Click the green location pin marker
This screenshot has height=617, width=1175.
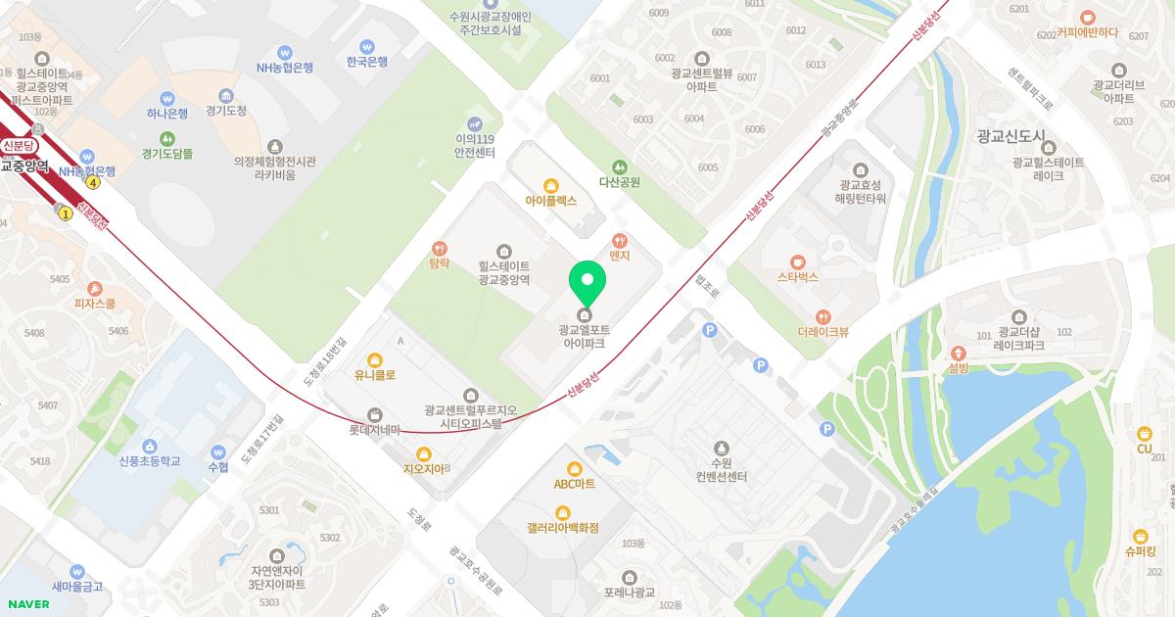[x=587, y=282]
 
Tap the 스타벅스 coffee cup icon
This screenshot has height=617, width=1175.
[x=798, y=261]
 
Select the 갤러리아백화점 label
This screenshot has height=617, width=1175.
[x=562, y=528]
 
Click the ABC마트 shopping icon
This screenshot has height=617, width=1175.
[x=575, y=467]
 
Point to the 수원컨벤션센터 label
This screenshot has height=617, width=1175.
[x=722, y=469]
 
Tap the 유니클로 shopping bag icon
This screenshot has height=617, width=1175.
[x=374, y=358]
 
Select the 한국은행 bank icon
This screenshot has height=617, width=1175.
[x=367, y=46]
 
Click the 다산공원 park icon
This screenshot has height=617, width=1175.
[x=619, y=166]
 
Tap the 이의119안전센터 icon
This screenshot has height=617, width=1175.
[x=475, y=123]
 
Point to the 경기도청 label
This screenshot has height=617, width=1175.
[x=226, y=111]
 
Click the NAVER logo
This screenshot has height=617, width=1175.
[x=26, y=604]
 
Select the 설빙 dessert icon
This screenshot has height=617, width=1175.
[x=958, y=353]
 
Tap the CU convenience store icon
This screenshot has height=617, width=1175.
[x=1144, y=434]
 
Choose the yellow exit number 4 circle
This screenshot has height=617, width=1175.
[x=93, y=182]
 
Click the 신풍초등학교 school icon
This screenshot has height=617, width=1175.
[x=150, y=447]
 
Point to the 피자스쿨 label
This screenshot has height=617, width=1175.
[x=95, y=304]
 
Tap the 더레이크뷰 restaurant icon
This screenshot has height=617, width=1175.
[x=823, y=316]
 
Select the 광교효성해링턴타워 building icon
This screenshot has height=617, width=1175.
[x=861, y=169]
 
